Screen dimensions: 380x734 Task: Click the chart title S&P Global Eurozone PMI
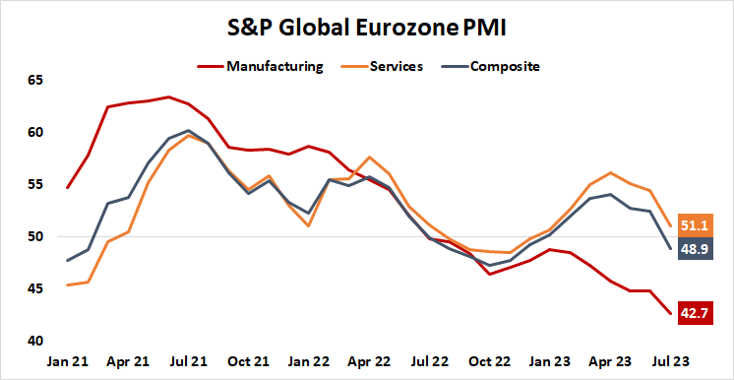click(366, 28)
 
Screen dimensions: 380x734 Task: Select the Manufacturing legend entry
click(275, 67)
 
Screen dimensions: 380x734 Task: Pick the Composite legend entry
click(505, 67)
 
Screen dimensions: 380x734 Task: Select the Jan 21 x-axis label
click(68, 361)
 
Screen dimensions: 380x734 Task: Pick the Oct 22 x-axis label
click(489, 361)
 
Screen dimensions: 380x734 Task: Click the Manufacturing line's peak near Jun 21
click(169, 96)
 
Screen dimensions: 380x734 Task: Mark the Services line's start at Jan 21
click(68, 285)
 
